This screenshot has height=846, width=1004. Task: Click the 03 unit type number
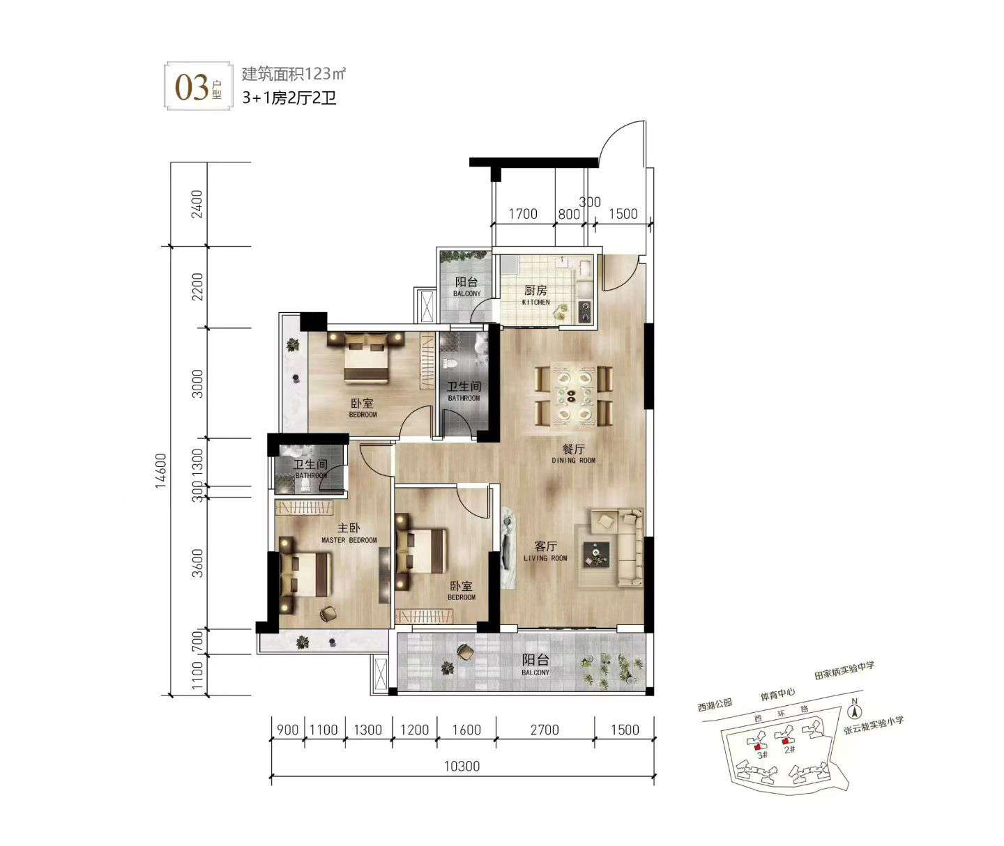coord(191,88)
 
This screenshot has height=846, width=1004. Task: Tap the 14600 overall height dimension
coord(160,470)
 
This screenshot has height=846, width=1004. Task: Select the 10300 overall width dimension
coord(462,766)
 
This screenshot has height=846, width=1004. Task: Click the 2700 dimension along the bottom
coord(545,730)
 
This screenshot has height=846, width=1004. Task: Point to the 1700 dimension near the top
coord(523,214)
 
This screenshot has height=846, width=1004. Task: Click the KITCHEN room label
coord(535,302)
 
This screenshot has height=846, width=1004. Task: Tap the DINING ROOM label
coord(573,461)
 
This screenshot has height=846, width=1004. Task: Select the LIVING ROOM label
coord(545,558)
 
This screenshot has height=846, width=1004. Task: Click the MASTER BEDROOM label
coord(349,540)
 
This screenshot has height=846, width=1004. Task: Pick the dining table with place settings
coord(574,395)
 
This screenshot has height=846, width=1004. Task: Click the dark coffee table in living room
coord(596,555)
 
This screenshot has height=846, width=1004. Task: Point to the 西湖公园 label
coord(715,705)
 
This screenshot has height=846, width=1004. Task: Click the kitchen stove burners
coord(585,311)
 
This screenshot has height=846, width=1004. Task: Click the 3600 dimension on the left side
coord(197,563)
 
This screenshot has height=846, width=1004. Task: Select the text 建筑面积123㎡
coord(294,74)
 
